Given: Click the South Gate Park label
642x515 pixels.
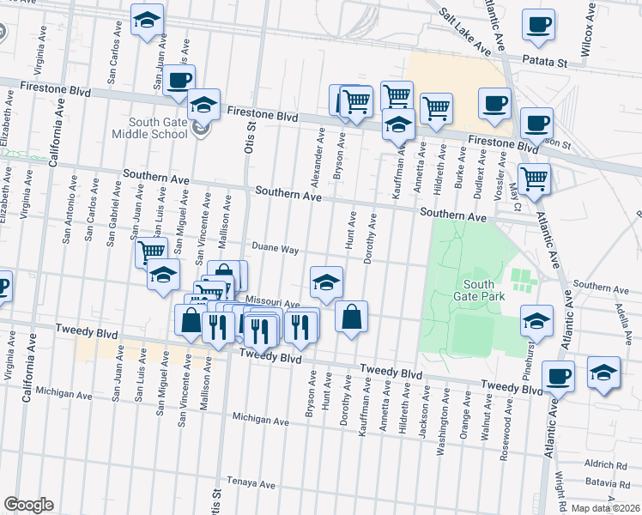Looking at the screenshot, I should (479, 291).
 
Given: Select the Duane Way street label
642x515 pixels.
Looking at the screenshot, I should (275, 250).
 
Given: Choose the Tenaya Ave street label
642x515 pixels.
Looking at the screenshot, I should (251, 484).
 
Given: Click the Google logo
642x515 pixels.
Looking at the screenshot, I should (27, 505).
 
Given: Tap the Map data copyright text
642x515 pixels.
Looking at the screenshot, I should (607, 508).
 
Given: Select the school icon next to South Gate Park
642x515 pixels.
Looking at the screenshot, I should (536, 320).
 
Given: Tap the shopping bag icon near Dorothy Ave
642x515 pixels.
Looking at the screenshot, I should (352, 317).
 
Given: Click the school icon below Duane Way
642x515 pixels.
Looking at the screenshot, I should (326, 282).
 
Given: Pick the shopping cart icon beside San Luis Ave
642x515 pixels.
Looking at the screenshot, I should (152, 251).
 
